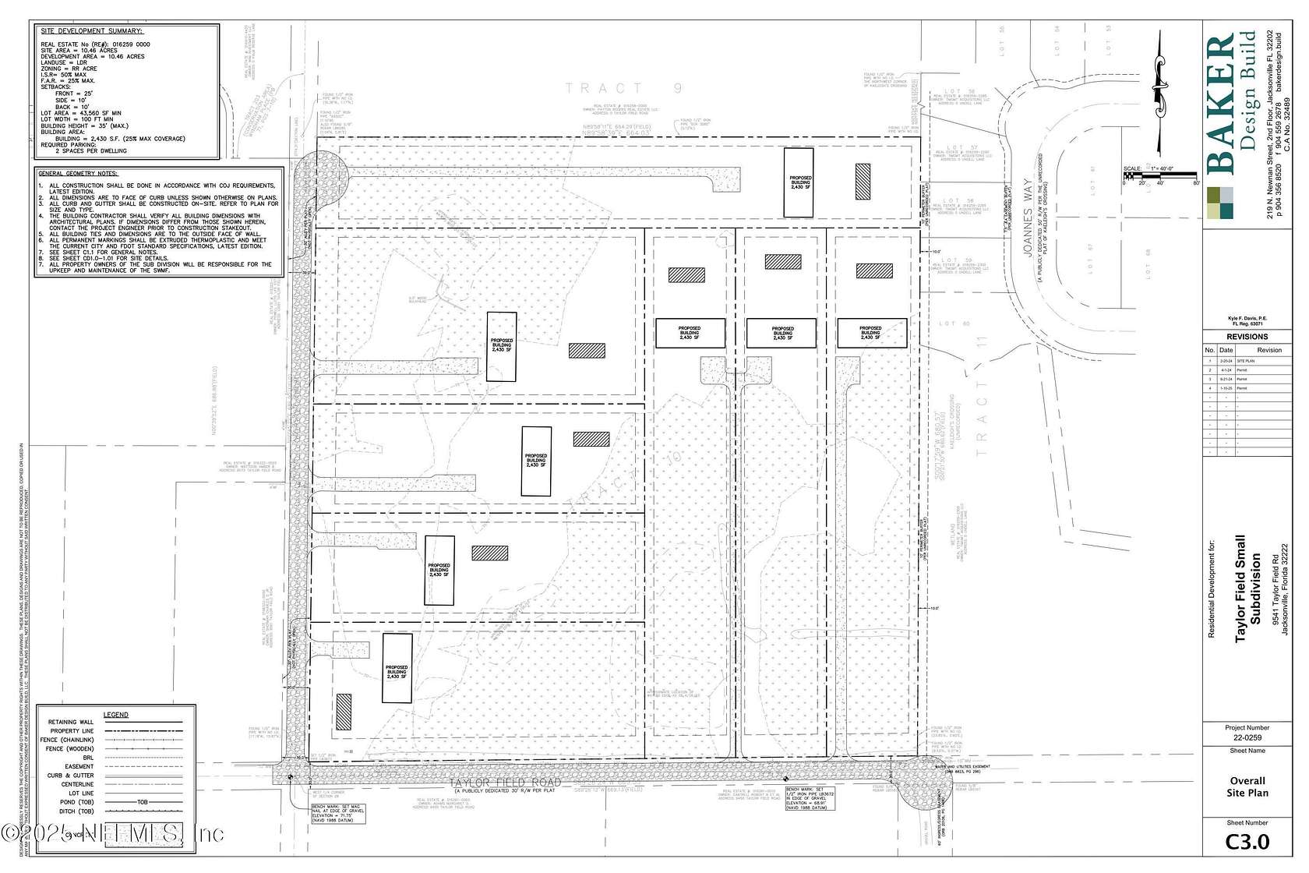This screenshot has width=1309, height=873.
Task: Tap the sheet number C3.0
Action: pyautogui.click(x=1247, y=843)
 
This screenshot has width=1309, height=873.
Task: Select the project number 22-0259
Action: pyautogui.click(x=1247, y=737)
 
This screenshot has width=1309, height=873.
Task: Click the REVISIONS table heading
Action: pyautogui.click(x=1247, y=337)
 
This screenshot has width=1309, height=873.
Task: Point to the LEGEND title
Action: pyautogui.click(x=116, y=715)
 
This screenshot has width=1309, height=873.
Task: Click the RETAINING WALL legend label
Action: pyautogui.click(x=71, y=723)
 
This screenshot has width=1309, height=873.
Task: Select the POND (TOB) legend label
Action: pyautogui.click(x=76, y=802)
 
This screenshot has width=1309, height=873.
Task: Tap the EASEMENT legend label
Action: pyautogui.click(x=78, y=766)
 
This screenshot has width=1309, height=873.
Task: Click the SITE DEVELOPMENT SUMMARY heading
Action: pyautogui.click(x=92, y=30)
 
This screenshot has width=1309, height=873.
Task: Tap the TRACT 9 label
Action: pyautogui.click(x=623, y=88)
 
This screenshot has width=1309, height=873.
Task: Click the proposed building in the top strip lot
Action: pyautogui.click(x=798, y=182)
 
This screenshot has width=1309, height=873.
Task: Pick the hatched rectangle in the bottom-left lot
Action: pyautogui.click(x=343, y=711)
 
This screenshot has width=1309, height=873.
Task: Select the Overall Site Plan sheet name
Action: pyautogui.click(x=1247, y=786)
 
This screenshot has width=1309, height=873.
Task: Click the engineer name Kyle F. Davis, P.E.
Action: pyautogui.click(x=1247, y=318)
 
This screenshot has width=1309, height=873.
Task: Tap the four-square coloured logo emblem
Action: pyautogui.click(x=1221, y=202)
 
